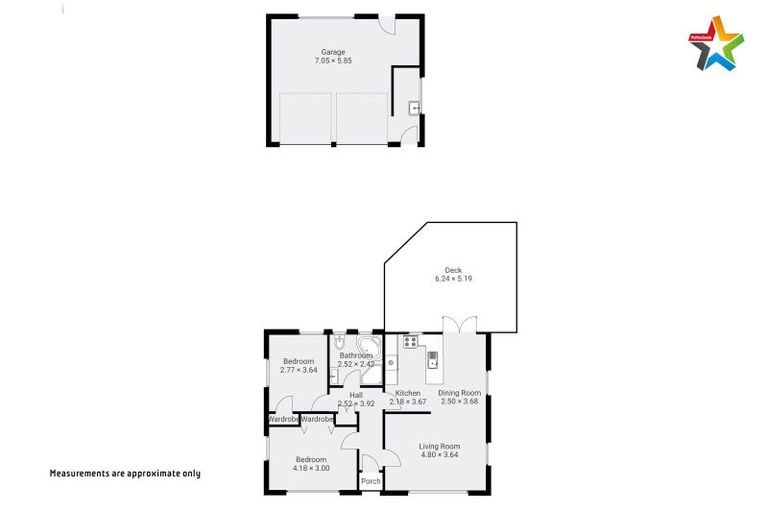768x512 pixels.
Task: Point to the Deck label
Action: (x=453, y=270)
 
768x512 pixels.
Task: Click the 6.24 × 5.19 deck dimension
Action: (x=453, y=279)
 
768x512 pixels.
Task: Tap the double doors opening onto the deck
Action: (x=459, y=326)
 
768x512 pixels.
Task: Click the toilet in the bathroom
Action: (x=339, y=343)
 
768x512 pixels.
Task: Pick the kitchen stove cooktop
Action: (x=409, y=342)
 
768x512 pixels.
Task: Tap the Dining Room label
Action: (x=460, y=393)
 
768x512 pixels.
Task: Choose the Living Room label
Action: (x=439, y=446)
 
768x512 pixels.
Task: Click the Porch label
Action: (x=371, y=482)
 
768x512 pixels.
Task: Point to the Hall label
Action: (x=356, y=394)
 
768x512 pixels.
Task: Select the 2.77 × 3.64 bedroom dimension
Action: (x=299, y=370)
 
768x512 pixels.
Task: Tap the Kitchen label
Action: (x=408, y=393)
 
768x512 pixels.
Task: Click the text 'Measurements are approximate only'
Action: (x=125, y=473)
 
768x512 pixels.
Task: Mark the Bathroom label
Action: (x=356, y=355)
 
